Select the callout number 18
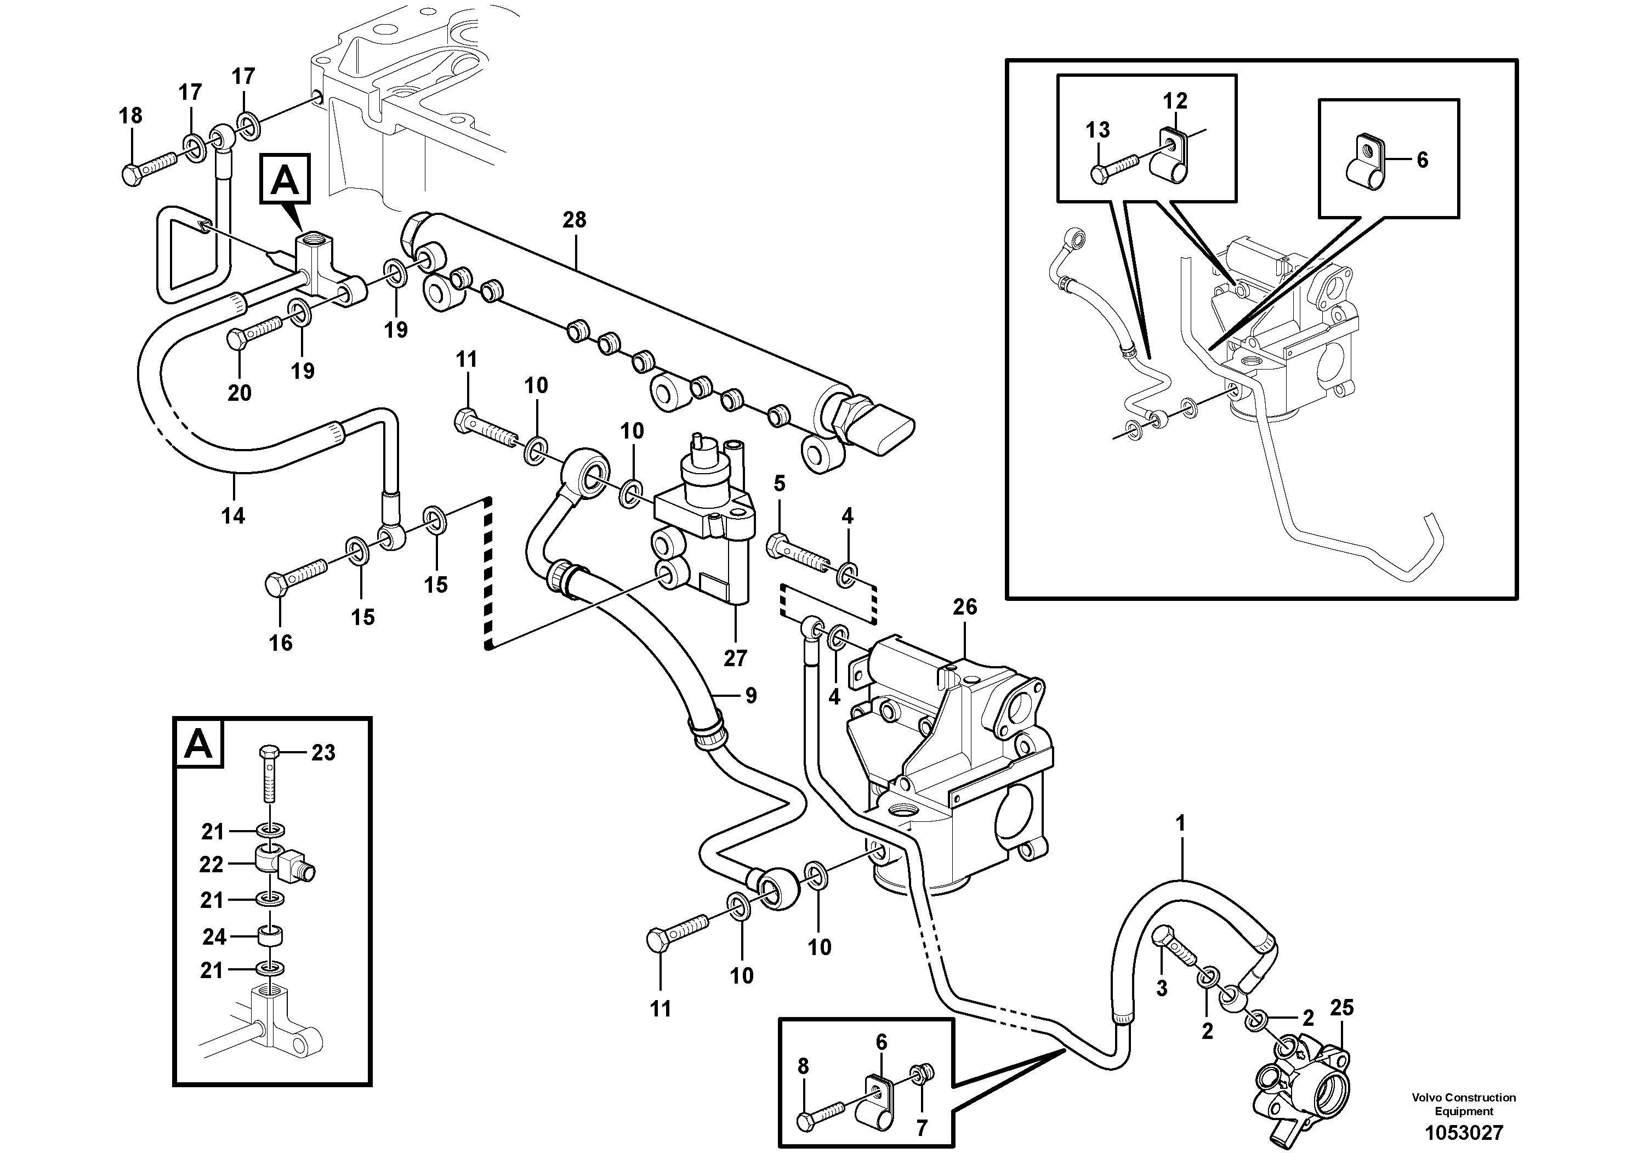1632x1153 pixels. tap(131, 115)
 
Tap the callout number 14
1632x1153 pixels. tap(233, 515)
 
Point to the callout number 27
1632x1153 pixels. tap(735, 658)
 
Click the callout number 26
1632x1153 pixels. tap(965, 606)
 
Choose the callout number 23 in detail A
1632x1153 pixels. tap(323, 753)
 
